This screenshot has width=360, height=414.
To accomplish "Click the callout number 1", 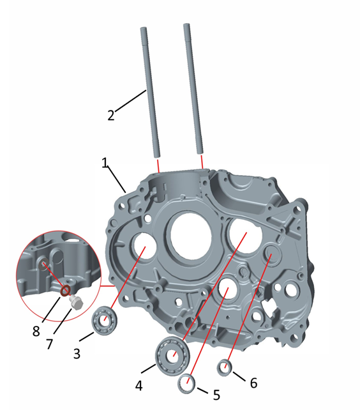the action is click(105, 163).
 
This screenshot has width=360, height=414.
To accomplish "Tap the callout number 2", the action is click(111, 116).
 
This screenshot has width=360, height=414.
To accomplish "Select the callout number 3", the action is click(77, 354).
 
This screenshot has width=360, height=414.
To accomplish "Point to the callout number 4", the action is click(139, 386).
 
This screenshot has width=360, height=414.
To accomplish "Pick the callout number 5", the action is click(216, 395).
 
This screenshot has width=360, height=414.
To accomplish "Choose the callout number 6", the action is click(253, 383).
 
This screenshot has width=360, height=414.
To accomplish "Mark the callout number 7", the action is click(50, 344).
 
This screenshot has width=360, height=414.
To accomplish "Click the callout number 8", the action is click(36, 331).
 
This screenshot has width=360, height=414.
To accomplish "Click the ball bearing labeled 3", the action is click(105, 320).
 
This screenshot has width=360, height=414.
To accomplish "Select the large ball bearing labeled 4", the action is click(173, 356).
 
